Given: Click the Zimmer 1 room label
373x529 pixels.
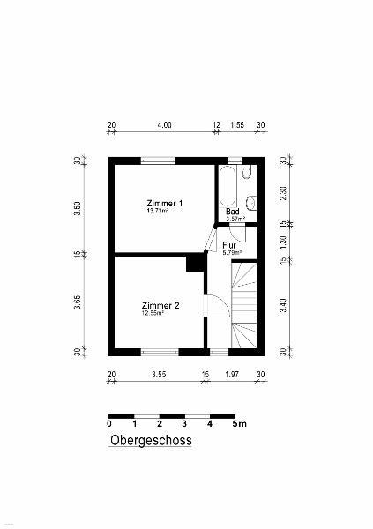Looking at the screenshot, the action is coord(165,204).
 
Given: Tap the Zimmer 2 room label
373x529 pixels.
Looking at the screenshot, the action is coord(160,306).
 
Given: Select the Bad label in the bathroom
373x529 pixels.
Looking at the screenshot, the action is coord(233,212).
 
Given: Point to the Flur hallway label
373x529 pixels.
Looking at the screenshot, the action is coord(229,245).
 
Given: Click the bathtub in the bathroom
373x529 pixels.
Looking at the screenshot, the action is coord(228,186).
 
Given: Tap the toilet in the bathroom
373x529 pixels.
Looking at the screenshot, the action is coord(248,171).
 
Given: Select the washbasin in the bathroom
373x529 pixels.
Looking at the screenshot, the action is coord(251,203).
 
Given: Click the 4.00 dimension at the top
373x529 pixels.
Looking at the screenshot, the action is coord(164,125).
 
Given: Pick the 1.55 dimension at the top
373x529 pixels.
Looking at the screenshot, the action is coord(237,125).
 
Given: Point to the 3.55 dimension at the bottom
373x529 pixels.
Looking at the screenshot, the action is coord(159,375).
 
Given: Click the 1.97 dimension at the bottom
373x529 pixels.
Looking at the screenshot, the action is coord(232,375).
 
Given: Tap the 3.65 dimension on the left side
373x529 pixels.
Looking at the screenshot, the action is coord(78,302).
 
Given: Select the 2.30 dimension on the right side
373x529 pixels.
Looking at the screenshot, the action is coord(283,193).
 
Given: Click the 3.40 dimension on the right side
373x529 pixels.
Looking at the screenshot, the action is coord(283,305).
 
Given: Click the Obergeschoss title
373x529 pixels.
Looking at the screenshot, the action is coord(151,440).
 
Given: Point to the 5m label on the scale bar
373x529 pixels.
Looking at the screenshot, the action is coord(239,424).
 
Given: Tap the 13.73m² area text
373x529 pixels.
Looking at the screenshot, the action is coord(158,211).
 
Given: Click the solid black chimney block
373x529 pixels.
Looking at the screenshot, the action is coord(195,263).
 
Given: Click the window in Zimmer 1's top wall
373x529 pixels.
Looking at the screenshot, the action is coord(158,161).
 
